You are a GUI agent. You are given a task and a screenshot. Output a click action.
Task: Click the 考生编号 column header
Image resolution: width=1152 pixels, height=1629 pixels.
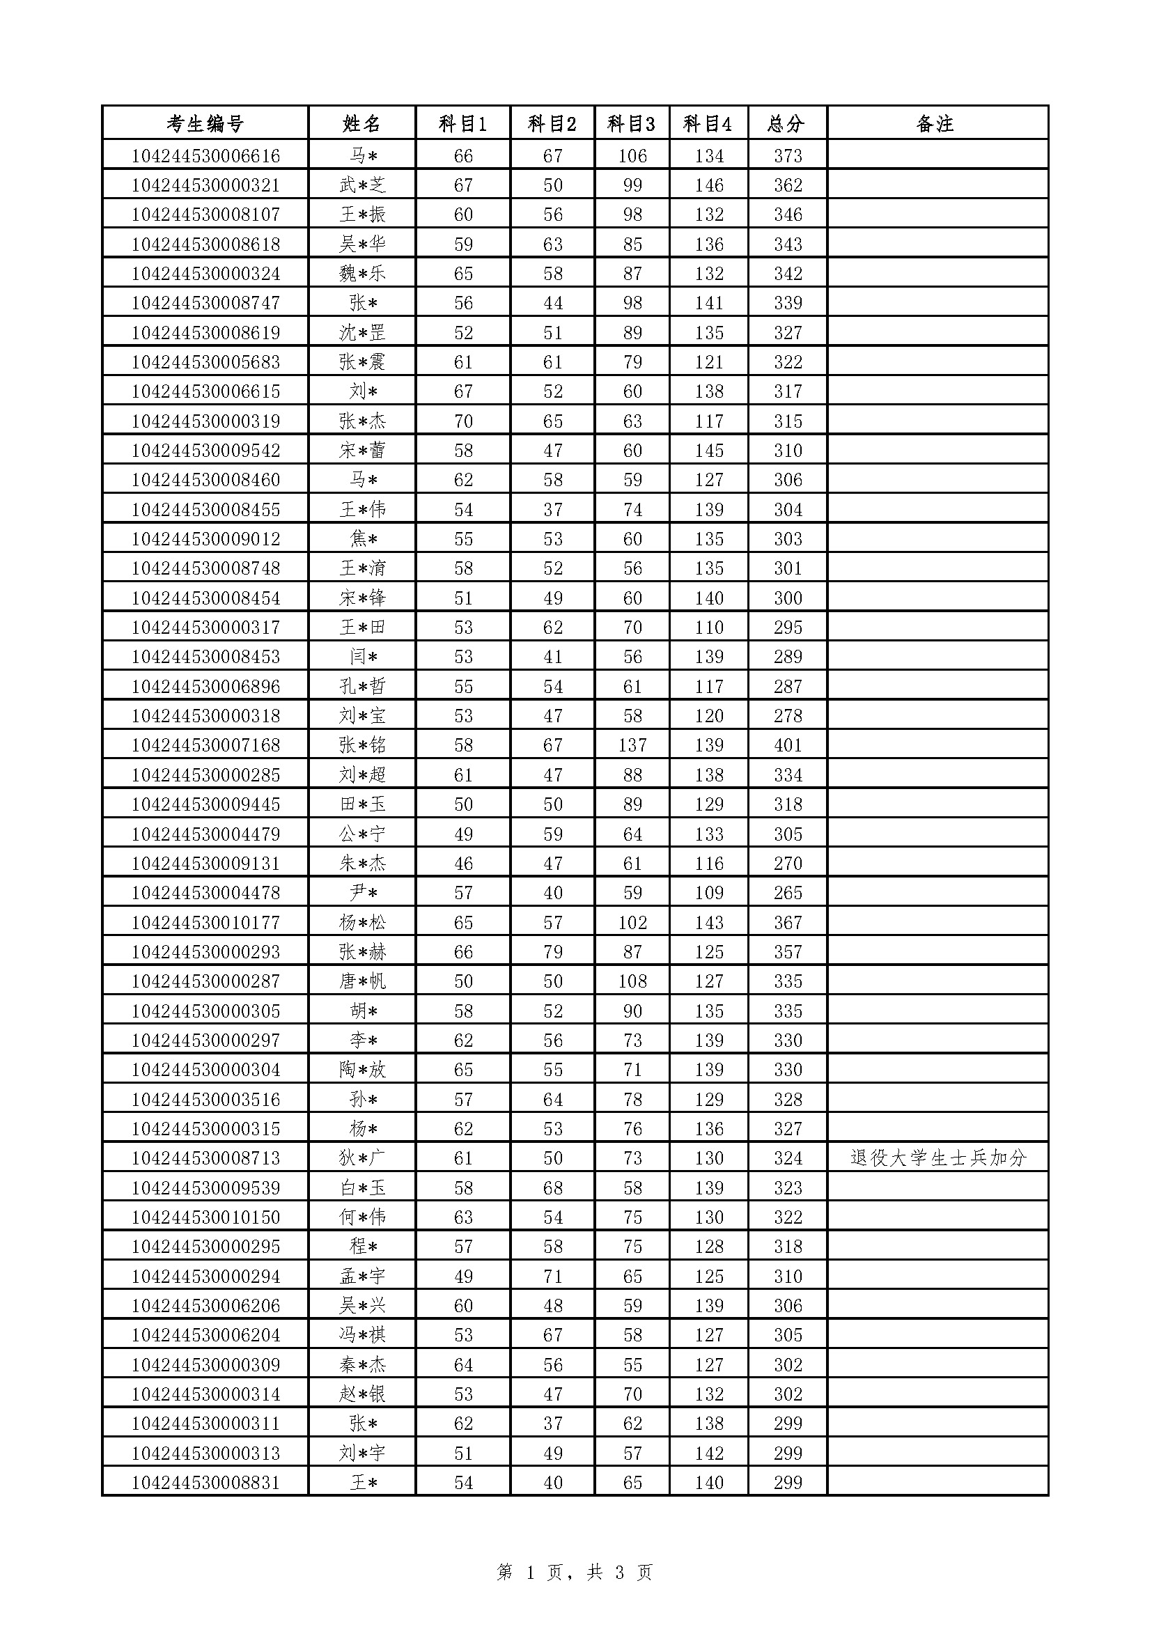205,124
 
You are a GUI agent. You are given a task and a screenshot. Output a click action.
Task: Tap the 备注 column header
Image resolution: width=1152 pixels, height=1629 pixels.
935,124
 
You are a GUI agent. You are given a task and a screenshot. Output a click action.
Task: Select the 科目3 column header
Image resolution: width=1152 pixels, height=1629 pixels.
631,124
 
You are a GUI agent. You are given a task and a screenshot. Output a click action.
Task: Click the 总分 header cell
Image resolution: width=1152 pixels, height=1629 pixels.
786,124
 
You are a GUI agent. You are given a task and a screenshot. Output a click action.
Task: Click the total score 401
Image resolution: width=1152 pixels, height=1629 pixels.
788,745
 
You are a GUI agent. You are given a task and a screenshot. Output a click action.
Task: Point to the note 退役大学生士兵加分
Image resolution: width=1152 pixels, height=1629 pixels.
937,1158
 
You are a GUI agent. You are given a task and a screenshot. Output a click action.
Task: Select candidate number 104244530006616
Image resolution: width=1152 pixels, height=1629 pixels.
205,155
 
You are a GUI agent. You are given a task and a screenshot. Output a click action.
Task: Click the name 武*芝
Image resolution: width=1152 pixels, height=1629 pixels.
361,185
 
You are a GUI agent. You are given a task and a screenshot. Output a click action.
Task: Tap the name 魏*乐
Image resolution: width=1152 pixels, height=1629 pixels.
361,273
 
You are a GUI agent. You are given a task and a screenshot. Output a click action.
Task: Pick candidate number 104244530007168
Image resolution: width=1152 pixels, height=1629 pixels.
205,745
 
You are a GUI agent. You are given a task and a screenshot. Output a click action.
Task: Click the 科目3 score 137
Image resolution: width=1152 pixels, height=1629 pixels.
632,745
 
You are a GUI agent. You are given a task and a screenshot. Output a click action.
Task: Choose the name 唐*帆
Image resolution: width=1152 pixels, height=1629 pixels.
361,981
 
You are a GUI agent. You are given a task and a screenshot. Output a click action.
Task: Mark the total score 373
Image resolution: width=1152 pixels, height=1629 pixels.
788,155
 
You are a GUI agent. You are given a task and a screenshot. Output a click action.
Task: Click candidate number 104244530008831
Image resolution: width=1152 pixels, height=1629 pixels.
205,1483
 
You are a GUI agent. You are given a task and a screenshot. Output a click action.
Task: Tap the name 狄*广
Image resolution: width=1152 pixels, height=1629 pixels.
361,1158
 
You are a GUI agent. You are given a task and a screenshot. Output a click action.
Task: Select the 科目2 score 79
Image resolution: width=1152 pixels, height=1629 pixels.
552,951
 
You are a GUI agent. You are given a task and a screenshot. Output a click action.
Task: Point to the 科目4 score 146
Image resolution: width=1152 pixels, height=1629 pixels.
708,185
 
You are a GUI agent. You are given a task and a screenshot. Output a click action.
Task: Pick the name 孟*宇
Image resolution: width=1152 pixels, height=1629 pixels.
361,1277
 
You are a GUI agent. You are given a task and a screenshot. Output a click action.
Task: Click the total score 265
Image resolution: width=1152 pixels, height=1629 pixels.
788,893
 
